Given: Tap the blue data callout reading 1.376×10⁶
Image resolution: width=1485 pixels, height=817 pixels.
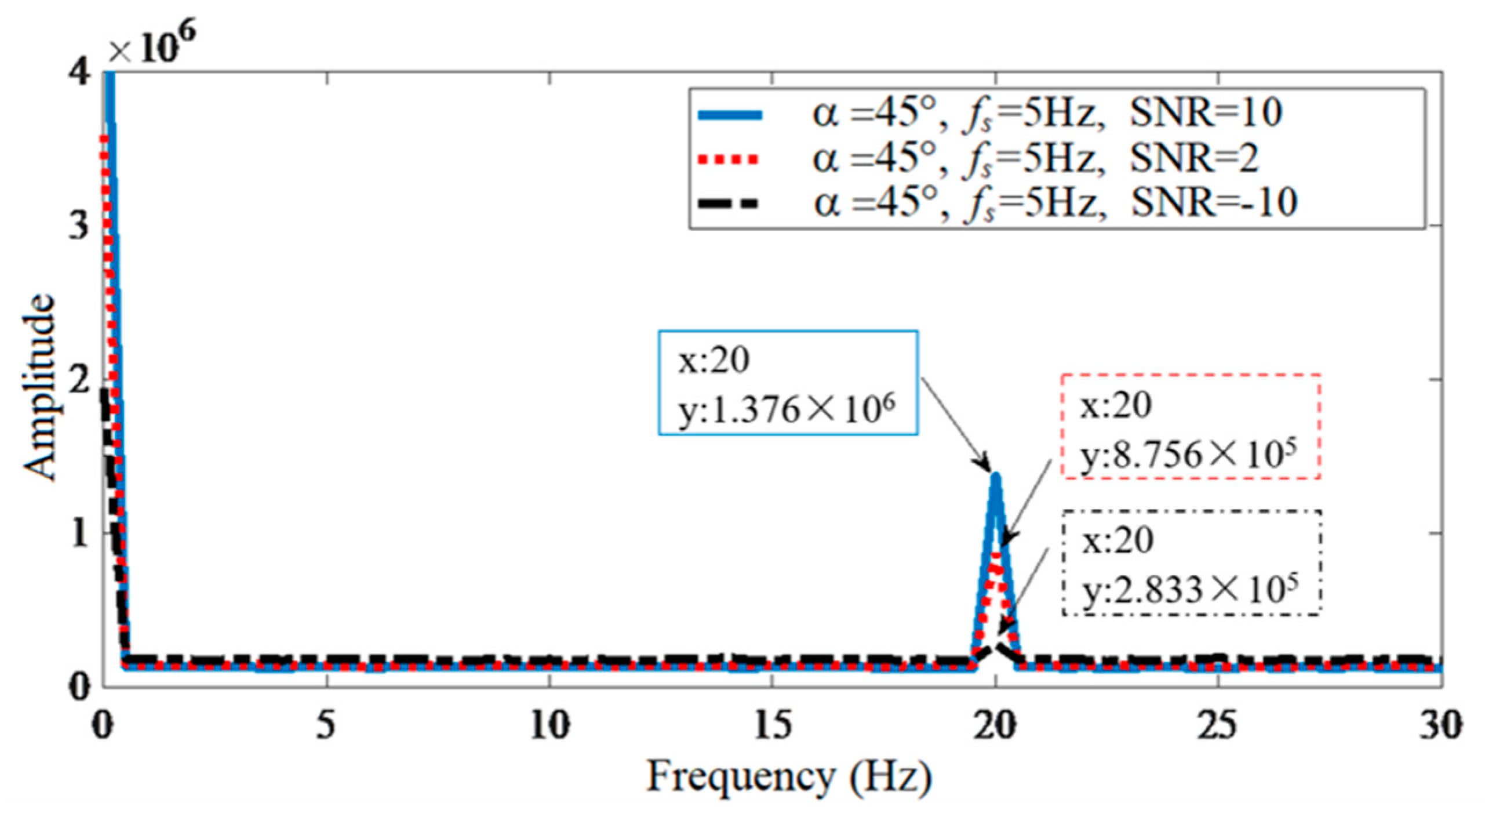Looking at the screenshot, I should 787,383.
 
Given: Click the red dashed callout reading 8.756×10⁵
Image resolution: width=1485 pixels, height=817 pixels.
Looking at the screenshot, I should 1191,426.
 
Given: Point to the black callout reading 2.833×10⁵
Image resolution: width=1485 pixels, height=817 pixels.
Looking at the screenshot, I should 1191,562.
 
